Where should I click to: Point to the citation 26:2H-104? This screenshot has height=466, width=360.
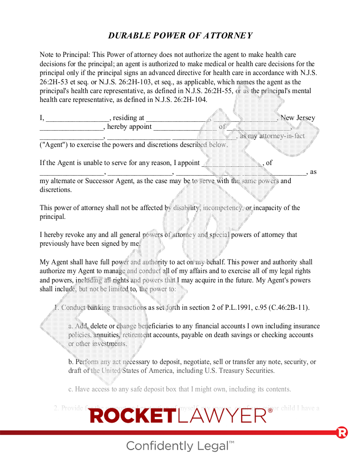pyautogui.click(x=190, y=100)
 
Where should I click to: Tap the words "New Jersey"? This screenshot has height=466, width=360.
pyautogui.click(x=298, y=118)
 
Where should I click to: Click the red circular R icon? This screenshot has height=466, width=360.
pyautogui.click(x=342, y=433)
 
